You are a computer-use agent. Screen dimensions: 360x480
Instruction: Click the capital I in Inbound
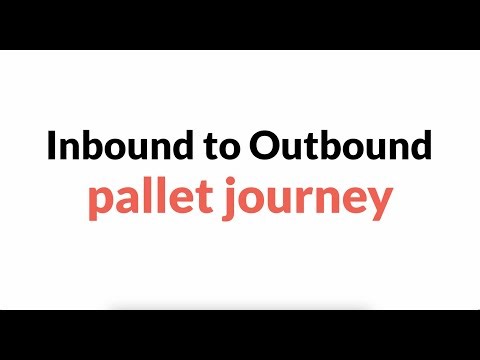(51, 148)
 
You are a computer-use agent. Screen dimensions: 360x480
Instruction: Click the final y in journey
(376, 209)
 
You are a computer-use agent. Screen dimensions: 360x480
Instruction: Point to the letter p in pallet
(99, 207)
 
